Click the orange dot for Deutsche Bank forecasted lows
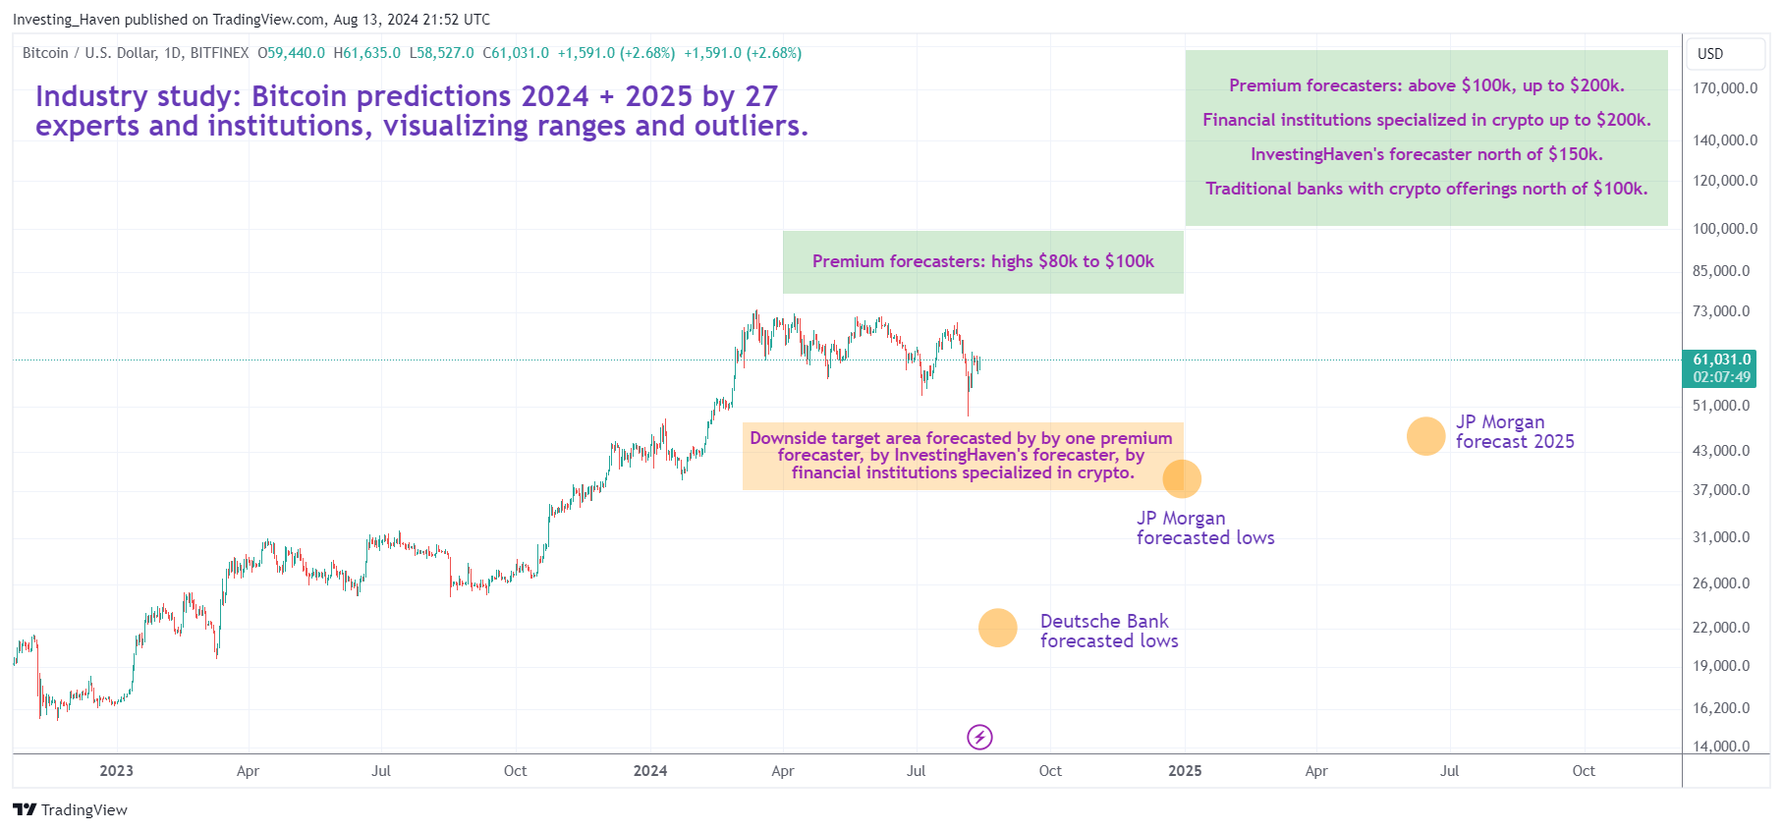pos(997,628)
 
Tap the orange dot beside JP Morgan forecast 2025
pos(1425,436)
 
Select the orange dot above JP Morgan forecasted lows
pos(1182,478)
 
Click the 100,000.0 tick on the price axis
pos(1724,229)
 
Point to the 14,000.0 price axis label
pos(1720,746)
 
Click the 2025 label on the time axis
pos(1185,771)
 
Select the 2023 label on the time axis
pos(116,771)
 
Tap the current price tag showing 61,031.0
pos(1721,360)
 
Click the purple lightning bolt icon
pos(979,737)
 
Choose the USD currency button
pos(1710,54)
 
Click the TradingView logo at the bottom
pos(71,809)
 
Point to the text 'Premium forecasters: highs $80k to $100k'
pos(982,261)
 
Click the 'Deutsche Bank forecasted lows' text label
pos(1108,631)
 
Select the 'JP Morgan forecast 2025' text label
pos(1514,432)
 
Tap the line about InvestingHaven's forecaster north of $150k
pos(1426,154)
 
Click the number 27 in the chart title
pos(761,96)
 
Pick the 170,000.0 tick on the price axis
pos(1724,88)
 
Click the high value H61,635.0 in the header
pos(366,53)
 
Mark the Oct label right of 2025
pos(1583,771)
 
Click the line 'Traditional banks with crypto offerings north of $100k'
pos(1426,189)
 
